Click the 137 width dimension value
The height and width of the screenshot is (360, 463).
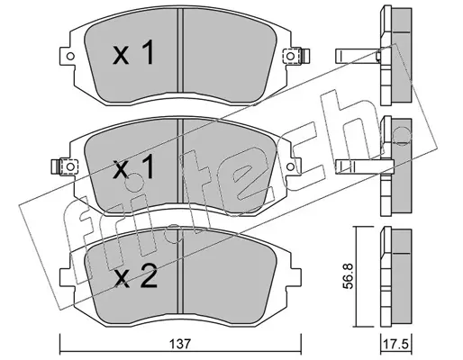180,344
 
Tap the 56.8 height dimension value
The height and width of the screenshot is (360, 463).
348,276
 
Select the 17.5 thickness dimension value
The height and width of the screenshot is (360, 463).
396,344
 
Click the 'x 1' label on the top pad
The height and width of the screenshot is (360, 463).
133,53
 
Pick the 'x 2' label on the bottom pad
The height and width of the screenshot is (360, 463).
136,276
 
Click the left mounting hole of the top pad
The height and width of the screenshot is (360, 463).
70,56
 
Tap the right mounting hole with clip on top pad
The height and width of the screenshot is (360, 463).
290,56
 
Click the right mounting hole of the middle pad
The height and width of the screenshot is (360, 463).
290,166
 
